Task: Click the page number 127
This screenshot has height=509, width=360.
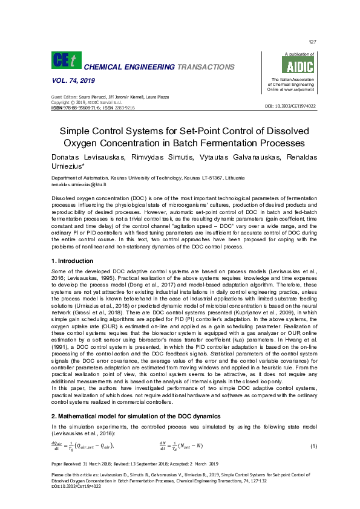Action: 312,42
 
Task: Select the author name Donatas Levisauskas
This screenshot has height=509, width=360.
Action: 87,157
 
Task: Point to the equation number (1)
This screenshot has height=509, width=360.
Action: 313,446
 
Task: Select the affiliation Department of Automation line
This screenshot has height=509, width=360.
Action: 148,178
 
